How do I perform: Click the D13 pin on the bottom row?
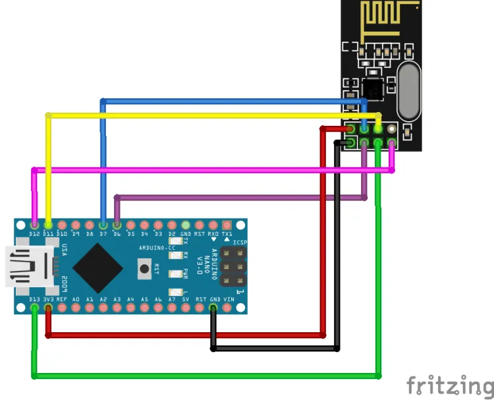click(34, 308)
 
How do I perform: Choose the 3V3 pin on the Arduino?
click(48, 308)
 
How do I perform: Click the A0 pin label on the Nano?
click(76, 300)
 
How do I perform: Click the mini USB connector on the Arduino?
click(30, 266)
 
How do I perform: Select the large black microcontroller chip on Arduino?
click(98, 267)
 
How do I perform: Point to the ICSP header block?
click(232, 267)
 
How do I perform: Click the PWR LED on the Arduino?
click(175, 273)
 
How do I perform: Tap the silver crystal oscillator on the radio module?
click(409, 91)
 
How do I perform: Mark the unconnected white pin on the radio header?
click(392, 129)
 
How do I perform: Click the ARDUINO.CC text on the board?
click(153, 248)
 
